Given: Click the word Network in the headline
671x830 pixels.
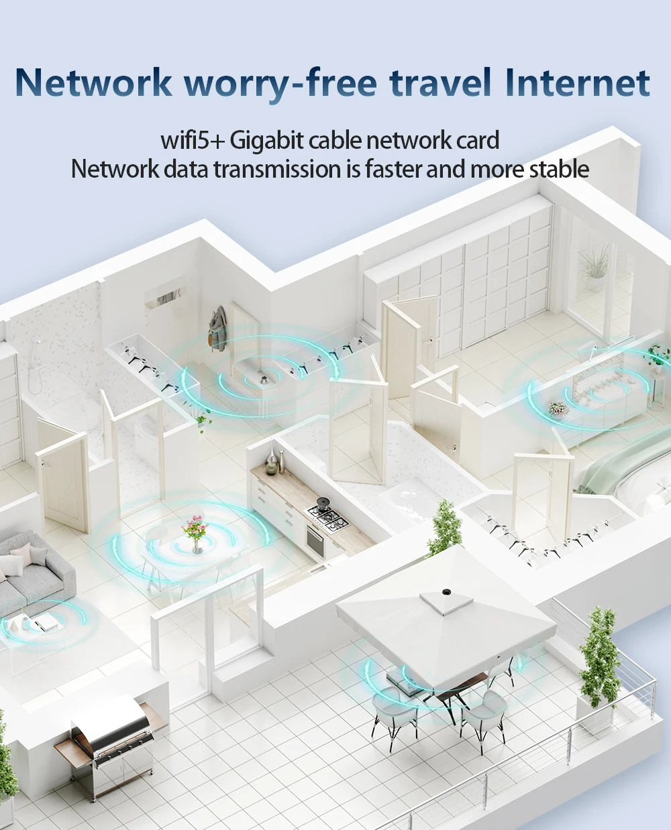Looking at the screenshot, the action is pos(93,82).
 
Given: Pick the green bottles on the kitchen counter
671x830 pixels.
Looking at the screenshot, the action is pos(272,462).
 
